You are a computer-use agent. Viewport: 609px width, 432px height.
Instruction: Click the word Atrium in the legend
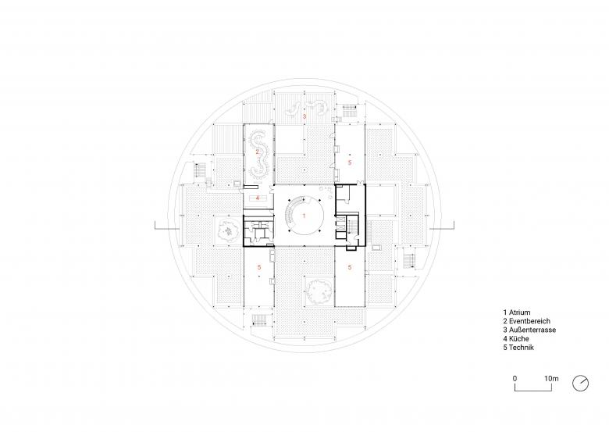(x=519, y=312)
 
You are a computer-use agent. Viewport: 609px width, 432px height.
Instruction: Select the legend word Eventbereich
(x=529, y=321)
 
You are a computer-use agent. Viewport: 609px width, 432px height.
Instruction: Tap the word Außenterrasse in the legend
(x=532, y=330)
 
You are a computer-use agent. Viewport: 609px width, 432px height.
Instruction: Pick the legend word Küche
(x=518, y=339)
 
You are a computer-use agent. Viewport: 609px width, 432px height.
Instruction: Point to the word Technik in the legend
(x=522, y=348)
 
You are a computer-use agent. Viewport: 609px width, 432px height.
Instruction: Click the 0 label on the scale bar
(x=515, y=378)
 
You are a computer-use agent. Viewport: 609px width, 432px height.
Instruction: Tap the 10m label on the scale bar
(x=551, y=378)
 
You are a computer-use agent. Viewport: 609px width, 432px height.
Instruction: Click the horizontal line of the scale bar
(x=533, y=391)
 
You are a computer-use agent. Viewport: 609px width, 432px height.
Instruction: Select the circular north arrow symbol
(x=580, y=383)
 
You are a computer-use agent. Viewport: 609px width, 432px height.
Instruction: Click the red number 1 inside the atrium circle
(x=304, y=216)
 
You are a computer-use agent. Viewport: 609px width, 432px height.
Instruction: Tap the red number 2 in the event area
(x=257, y=152)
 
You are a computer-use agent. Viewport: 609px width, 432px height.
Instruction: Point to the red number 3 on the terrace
(x=304, y=116)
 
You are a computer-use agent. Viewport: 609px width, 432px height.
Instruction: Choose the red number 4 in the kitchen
(x=257, y=198)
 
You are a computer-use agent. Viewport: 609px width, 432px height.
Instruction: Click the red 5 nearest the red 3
(x=350, y=162)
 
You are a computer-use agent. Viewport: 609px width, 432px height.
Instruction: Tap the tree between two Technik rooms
(x=319, y=291)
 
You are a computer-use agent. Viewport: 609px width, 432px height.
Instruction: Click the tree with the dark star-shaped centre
(x=227, y=232)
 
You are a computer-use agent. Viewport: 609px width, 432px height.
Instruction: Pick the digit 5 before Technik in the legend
(x=505, y=348)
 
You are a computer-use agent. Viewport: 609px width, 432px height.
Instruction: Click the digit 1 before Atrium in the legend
(x=505, y=312)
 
